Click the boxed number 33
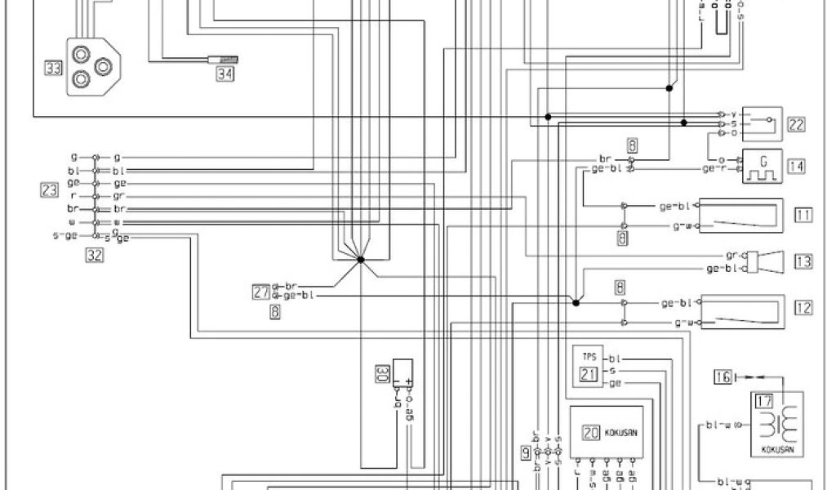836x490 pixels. (x=52, y=69)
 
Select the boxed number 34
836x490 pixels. (x=225, y=73)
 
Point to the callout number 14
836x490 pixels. (x=796, y=166)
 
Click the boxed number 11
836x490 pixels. (x=803, y=216)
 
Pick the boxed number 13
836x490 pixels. (x=803, y=261)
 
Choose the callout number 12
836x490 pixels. (x=803, y=308)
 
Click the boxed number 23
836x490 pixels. (x=49, y=191)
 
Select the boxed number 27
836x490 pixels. (x=260, y=292)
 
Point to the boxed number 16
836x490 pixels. (x=722, y=376)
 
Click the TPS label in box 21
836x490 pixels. (x=588, y=358)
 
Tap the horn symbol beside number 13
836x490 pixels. (x=769, y=261)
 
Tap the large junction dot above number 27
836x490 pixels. (x=360, y=260)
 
